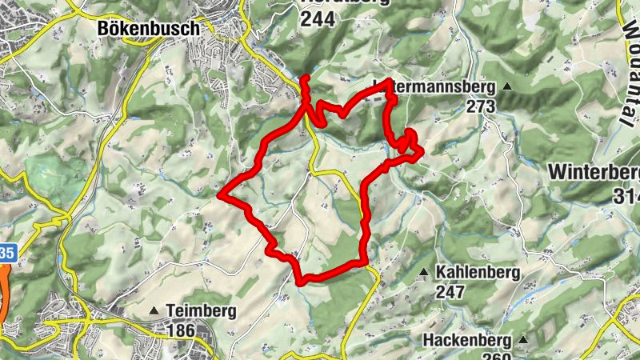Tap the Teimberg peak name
click(200, 310)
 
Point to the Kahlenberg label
click(478, 273)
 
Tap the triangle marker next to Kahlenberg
click(423, 273)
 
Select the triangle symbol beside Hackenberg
click(523, 340)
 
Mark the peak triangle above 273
click(507, 86)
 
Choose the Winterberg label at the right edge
click(595, 172)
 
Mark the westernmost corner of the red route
click(219, 194)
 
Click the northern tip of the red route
click(304, 78)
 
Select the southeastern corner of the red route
click(364, 261)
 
